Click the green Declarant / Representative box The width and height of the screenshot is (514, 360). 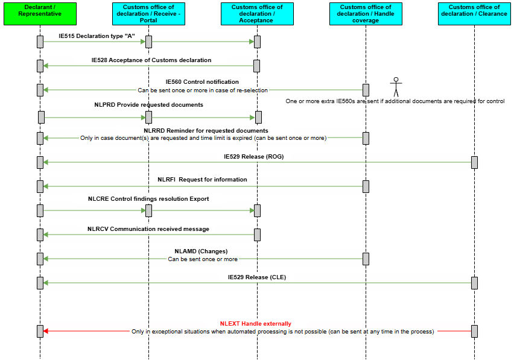pyautogui.click(x=40, y=14)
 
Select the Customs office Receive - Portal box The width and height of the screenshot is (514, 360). pyautogui.click(x=148, y=14)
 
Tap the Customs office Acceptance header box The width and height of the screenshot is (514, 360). pyautogui.click(x=257, y=14)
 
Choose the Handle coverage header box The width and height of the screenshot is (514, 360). pyautogui.click(x=366, y=14)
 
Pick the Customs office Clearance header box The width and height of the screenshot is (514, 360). pyautogui.click(x=474, y=14)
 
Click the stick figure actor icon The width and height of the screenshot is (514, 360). pyautogui.click(x=396, y=87)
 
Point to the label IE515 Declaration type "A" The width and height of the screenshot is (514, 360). pyautogui.click(x=97, y=36)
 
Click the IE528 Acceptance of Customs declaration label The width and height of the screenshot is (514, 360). pyautogui.click(x=151, y=60)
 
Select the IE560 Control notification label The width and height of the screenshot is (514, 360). pyautogui.click(x=202, y=82)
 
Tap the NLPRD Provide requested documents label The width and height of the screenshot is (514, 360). pyautogui.click(x=148, y=105)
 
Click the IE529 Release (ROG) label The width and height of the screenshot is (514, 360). pyautogui.click(x=254, y=157)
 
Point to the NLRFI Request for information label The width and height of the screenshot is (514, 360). pyautogui.click(x=202, y=180)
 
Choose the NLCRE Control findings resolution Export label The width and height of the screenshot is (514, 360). pyautogui.click(x=148, y=199)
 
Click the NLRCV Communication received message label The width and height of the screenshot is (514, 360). pyautogui.click(x=148, y=229)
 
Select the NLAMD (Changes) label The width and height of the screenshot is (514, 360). pyautogui.click(x=201, y=251)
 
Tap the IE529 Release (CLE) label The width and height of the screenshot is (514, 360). pyautogui.click(x=256, y=277)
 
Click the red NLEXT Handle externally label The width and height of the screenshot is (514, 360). pyautogui.click(x=255, y=324)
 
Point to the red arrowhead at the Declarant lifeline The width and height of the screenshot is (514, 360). pyautogui.click(x=46, y=331)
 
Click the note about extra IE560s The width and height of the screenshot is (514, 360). pyautogui.click(x=395, y=101)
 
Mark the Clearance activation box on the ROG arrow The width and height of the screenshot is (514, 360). pyautogui.click(x=474, y=162)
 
